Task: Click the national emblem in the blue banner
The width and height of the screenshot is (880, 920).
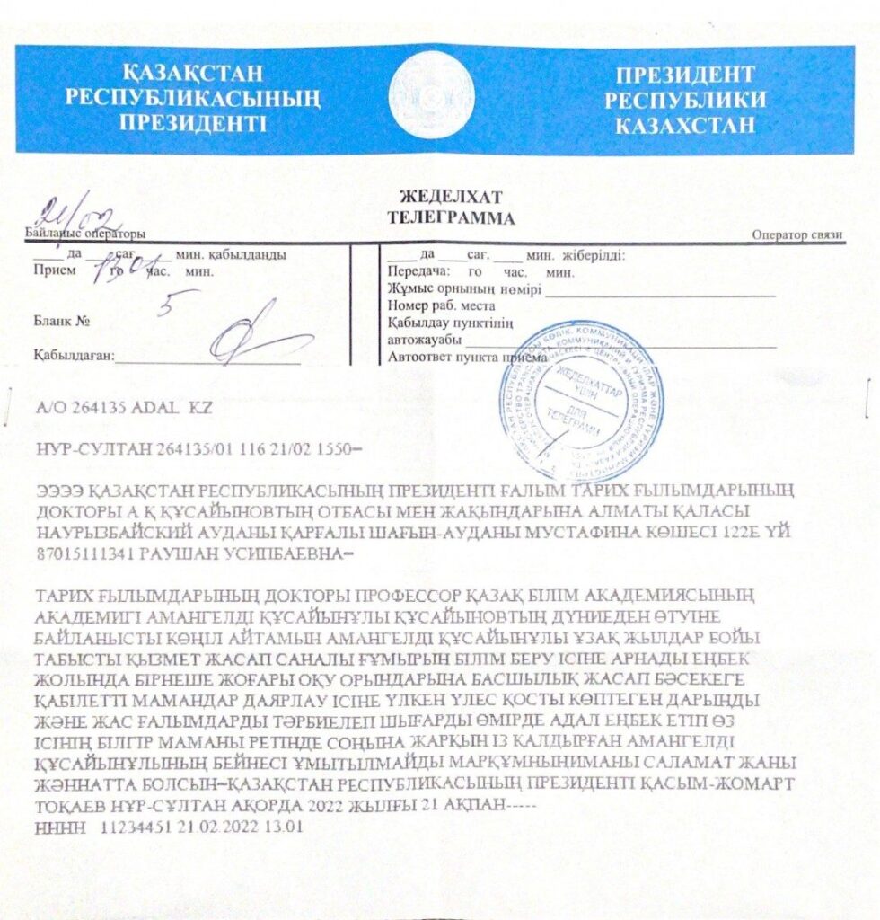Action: [x=432, y=95]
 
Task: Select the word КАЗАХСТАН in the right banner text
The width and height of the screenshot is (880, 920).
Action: [x=685, y=125]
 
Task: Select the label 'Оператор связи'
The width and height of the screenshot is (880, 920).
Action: [x=797, y=236]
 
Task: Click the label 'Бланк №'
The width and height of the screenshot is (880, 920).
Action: [x=63, y=320]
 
